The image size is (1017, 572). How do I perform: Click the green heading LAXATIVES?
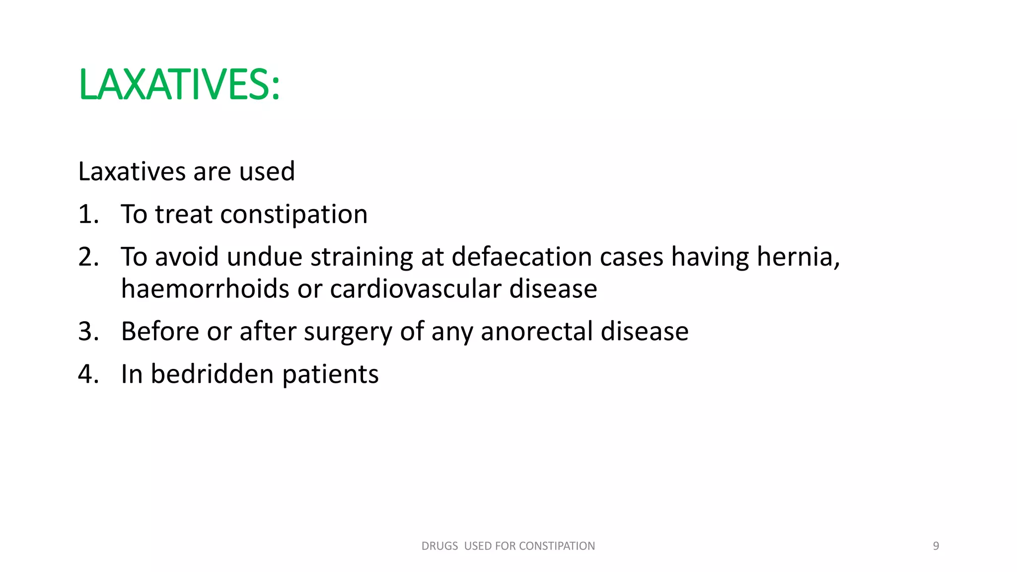179,85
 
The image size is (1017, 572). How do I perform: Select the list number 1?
88,214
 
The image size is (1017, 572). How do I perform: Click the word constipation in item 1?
293,214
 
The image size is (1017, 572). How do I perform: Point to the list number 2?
88,257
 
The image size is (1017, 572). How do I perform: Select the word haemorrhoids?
205,289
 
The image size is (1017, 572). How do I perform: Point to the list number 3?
88,332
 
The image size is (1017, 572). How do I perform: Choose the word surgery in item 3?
348,332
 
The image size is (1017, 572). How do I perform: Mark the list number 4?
88,374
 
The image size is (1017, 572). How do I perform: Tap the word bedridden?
212,374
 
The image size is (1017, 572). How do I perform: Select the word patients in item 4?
330,374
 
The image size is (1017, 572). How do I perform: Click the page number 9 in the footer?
936,546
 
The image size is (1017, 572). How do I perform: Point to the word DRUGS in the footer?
439,546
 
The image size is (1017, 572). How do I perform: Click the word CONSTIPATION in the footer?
557,546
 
